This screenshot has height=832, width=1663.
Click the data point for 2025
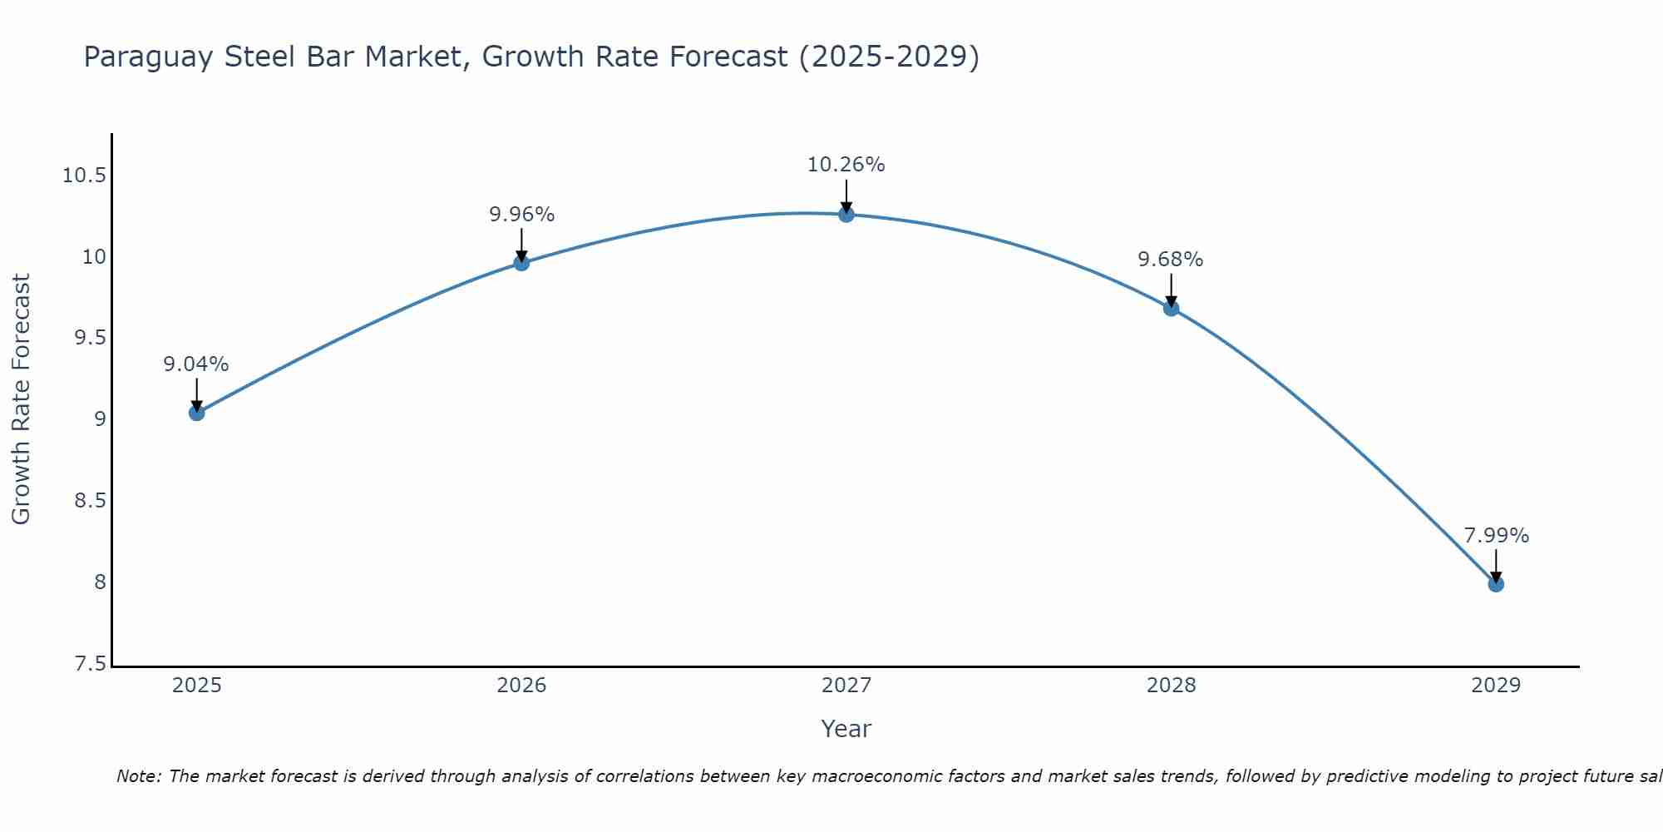pos(196,413)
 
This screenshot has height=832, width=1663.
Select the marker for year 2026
pos(521,263)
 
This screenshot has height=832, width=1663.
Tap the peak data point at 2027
pos(846,215)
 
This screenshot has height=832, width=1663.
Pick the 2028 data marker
pos(1171,309)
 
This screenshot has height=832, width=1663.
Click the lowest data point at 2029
pos(1496,584)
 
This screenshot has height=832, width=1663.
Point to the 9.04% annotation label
pos(196,364)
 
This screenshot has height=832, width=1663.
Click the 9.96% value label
pos(521,215)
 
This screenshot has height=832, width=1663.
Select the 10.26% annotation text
pos(846,165)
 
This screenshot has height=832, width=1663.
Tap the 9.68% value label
pos(1171,260)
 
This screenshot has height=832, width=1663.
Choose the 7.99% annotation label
pos(1496,536)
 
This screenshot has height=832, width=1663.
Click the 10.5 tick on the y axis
pos(84,176)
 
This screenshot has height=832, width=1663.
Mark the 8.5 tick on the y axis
pos(90,501)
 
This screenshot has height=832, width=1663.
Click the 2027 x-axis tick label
pos(846,686)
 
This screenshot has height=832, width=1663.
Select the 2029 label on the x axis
pos(1496,686)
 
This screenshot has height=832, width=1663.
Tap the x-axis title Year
pos(846,729)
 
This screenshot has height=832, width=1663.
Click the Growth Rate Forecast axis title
pos(22,399)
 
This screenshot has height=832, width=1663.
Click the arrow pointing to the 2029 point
pos(1496,566)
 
